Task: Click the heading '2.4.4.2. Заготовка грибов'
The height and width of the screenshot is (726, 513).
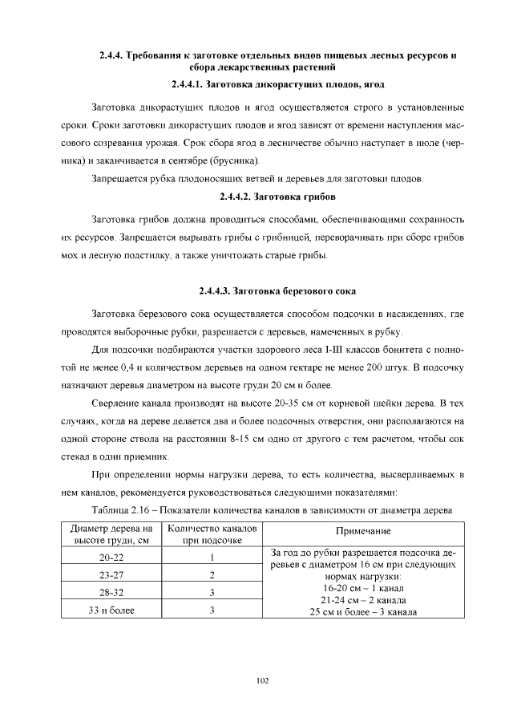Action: coord(277,197)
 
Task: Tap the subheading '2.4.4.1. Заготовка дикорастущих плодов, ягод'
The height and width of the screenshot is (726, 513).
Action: coord(277,84)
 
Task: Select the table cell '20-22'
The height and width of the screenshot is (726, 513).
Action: coord(111,558)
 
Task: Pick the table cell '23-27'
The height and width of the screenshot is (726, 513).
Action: coord(111,575)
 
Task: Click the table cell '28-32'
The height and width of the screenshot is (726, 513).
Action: coord(111,593)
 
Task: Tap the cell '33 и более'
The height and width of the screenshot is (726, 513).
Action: coord(111,610)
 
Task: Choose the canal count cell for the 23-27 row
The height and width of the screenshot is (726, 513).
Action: coord(212,575)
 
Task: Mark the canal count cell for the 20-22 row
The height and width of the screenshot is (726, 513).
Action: coord(212,558)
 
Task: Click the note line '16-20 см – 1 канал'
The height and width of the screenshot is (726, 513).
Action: coord(364,588)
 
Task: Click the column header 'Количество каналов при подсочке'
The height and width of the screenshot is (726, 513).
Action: coord(212,535)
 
